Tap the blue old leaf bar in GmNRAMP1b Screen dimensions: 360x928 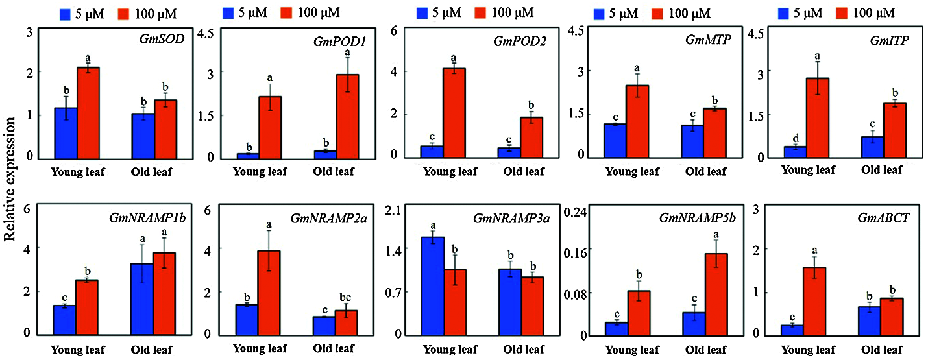(141, 298)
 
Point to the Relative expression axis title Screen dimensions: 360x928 (10, 179)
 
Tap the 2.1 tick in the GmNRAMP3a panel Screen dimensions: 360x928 (391, 208)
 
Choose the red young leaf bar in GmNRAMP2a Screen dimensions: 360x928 (270, 293)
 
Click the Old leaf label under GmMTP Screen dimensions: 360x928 (707, 172)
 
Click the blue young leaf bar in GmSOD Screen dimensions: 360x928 (66, 132)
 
